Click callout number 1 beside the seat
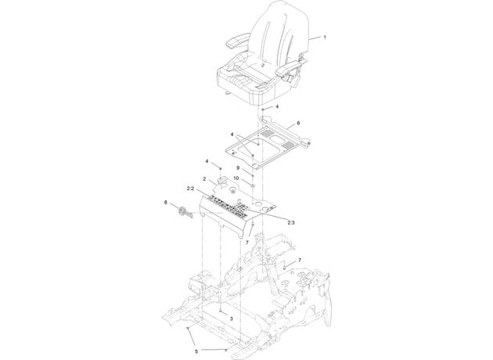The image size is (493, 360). pos(325,37)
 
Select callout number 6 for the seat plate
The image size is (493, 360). pos(298,123)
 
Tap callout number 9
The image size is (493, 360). pos(238,168)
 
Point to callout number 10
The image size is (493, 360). pos(236,178)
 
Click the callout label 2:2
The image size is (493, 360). pos(190,189)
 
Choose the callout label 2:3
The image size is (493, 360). pos(291,222)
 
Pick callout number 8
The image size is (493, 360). pos(166,202)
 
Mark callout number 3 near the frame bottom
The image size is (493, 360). pos(232,319)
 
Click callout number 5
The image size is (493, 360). pos(196,351)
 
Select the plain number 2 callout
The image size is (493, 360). pos(204,179)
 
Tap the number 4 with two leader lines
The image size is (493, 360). pos(232,135)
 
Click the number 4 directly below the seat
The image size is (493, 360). pos(277,106)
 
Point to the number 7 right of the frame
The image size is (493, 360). pos(300,260)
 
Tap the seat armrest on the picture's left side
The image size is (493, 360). pos(236,42)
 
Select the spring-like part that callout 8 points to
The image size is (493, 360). pos(185,213)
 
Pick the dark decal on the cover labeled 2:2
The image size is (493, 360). pos(229,207)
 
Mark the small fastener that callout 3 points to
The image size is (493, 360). pos(221,311)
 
